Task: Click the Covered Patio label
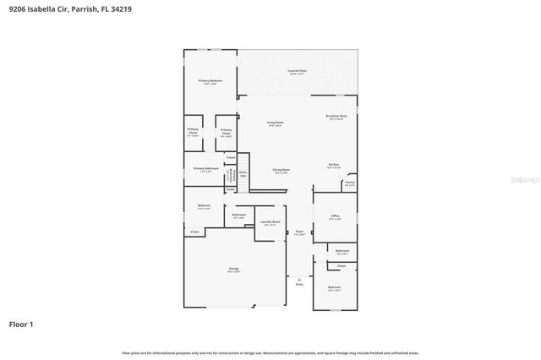[297, 72]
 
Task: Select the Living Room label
[275, 123]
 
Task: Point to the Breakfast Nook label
[336, 117]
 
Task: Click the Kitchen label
[333, 165]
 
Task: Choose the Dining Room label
[281, 171]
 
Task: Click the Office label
[335, 217]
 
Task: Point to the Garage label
[233, 270]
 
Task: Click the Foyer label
[299, 232]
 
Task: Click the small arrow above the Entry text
[298, 278]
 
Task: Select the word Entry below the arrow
[298, 284]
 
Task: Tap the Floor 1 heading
[21, 324]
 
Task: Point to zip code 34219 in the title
[121, 8]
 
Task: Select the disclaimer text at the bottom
[270, 352]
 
